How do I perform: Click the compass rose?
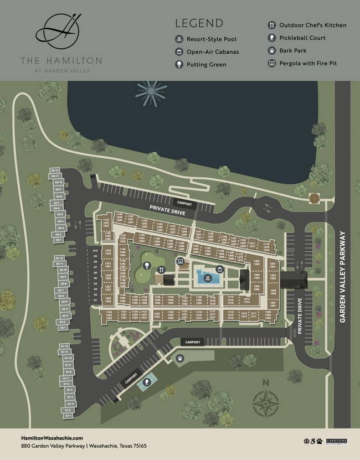[265, 403]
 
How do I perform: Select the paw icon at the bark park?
[179, 359]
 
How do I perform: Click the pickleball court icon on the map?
[147, 383]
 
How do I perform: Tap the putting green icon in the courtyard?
[147, 266]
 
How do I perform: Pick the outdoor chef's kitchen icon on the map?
[161, 270]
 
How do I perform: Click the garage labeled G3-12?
[55, 170]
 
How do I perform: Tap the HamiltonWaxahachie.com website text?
[52, 438]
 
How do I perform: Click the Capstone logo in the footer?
[337, 441]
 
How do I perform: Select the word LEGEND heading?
[199, 23]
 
